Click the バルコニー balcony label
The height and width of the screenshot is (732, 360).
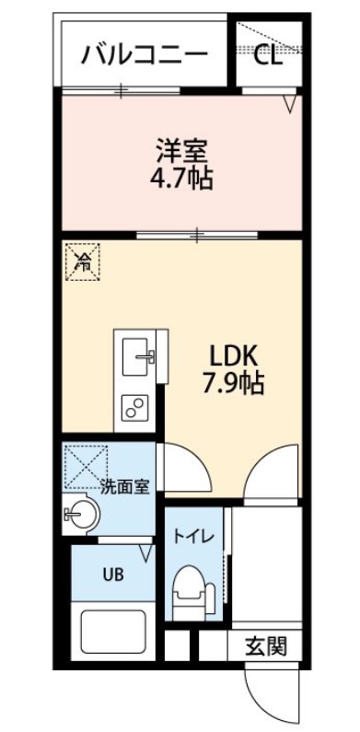(145, 55)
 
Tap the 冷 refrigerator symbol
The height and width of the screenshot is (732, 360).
(83, 261)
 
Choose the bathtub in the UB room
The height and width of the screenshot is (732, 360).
(113, 632)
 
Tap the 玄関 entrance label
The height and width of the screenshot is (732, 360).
(265, 645)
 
